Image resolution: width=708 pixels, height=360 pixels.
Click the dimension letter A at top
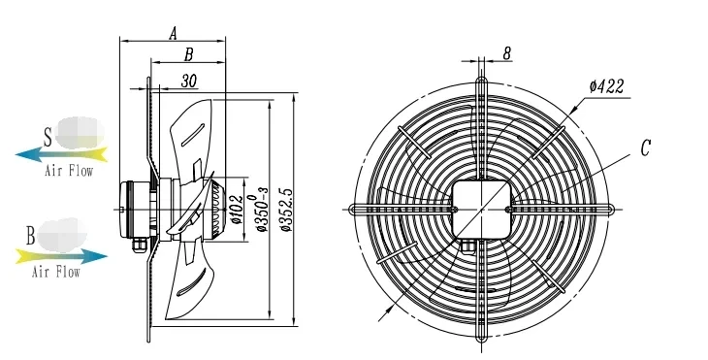[x=173, y=33]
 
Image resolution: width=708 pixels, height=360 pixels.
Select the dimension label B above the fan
[x=189, y=54]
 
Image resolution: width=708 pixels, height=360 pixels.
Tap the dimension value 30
[x=189, y=81]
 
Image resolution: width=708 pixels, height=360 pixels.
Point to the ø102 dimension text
[x=238, y=210]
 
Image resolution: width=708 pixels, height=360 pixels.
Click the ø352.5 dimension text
[x=286, y=210]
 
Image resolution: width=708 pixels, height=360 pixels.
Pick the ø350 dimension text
[x=262, y=210]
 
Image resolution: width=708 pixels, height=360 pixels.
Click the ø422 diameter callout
[x=606, y=86]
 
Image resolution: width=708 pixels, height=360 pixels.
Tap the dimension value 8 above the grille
[x=506, y=53]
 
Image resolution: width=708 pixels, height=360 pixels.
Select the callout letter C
[x=646, y=147]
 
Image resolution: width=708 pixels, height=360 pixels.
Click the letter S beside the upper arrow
[x=48, y=138]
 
